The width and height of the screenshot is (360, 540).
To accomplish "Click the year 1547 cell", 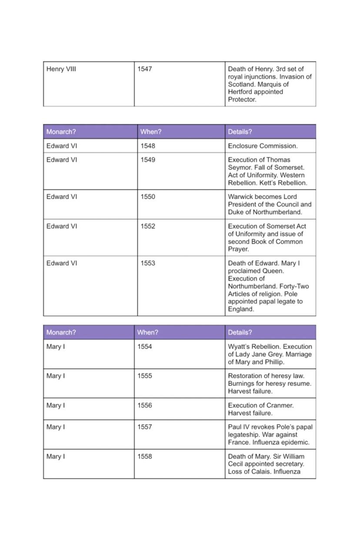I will pyautogui.click(x=145, y=69).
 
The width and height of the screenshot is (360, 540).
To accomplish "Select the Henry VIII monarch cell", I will pyautogui.click(x=61, y=69).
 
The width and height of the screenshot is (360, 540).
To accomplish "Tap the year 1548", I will pyautogui.click(x=148, y=146).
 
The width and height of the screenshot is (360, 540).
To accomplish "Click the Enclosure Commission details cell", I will pyautogui.click(x=263, y=146).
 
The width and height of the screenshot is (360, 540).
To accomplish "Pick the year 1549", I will pyautogui.click(x=148, y=160).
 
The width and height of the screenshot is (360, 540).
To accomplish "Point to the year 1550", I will pyautogui.click(x=148, y=197).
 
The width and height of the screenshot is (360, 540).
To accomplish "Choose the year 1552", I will pyautogui.click(x=148, y=227).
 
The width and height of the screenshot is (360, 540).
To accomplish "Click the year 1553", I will pyautogui.click(x=148, y=263).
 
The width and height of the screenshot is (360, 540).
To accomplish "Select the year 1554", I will pyautogui.click(x=145, y=347).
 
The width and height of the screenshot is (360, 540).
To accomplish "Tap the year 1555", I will pyautogui.click(x=145, y=376).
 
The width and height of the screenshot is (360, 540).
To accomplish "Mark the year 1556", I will pyautogui.click(x=145, y=406).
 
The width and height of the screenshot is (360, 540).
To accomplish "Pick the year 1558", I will pyautogui.click(x=145, y=457).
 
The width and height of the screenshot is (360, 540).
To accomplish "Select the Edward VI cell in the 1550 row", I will pyautogui.click(x=62, y=197).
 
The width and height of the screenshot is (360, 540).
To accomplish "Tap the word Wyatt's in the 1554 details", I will pyautogui.click(x=239, y=347).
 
